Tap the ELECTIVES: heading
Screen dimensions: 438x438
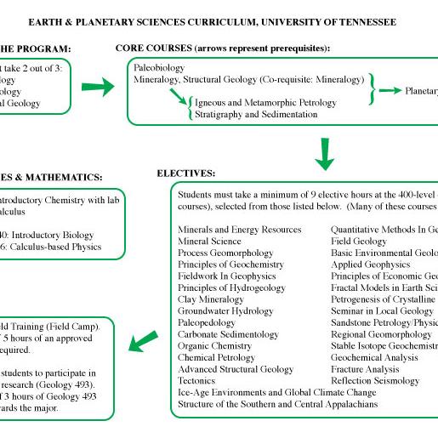[185, 173]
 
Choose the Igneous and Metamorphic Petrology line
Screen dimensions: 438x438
[265, 102]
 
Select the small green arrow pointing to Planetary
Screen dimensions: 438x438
[390, 90]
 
